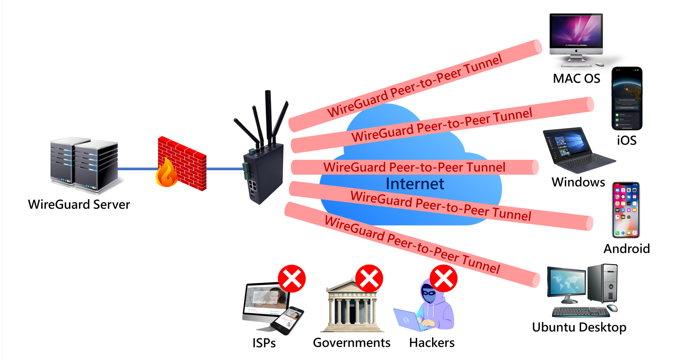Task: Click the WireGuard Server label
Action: click(79, 205)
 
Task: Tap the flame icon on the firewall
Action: click(166, 174)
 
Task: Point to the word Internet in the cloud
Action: click(415, 184)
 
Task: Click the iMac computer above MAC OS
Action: click(576, 37)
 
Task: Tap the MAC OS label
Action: click(576, 79)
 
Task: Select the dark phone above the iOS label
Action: click(627, 98)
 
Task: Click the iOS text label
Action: click(626, 140)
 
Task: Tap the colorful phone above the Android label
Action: click(626, 210)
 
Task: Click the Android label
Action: click(626, 249)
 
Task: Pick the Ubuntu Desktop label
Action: click(579, 327)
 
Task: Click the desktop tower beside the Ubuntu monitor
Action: click(603, 283)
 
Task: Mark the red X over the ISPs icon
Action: click(292, 279)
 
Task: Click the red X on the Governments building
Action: click(369, 279)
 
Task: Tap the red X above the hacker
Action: click(443, 279)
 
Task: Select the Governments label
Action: click(351, 343)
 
